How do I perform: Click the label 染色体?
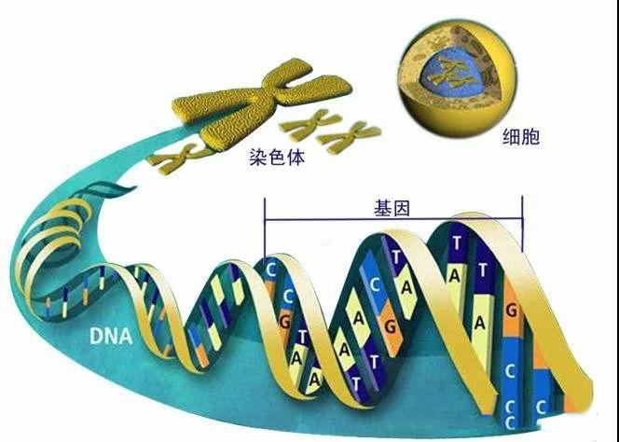(x=277, y=157)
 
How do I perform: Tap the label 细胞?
(x=521, y=137)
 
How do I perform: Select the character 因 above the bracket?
(x=402, y=208)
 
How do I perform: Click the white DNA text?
(x=111, y=336)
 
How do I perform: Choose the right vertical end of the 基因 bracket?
(x=522, y=224)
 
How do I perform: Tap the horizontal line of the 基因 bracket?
(x=393, y=219)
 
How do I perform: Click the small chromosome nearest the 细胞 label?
(x=349, y=137)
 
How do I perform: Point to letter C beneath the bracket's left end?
(x=270, y=270)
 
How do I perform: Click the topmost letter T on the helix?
(x=457, y=242)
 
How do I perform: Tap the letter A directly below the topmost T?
(x=454, y=276)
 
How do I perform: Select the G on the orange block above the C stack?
(x=511, y=311)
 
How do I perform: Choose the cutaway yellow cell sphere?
(x=457, y=77)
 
